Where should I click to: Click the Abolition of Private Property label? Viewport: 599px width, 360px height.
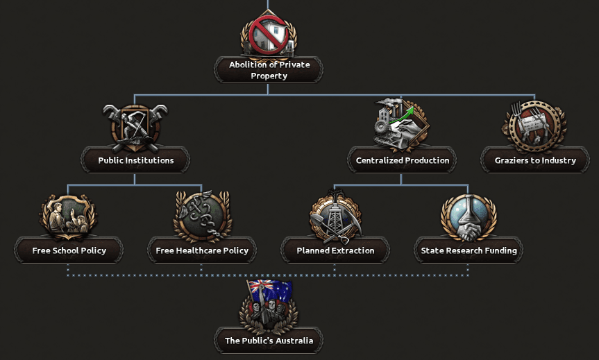pyautogui.click(x=269, y=70)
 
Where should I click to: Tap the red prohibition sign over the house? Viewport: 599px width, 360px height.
pyautogui.click(x=269, y=35)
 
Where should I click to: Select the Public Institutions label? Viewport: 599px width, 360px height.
pyautogui.click(x=135, y=160)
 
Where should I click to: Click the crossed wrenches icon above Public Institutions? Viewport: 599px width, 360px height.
pyautogui.click(x=135, y=128)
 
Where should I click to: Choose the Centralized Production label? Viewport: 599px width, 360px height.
pyautogui.click(x=403, y=160)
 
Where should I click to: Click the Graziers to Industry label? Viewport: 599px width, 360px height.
pyautogui.click(x=535, y=160)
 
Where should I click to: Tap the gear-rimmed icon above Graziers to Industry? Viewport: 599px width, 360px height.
pyautogui.click(x=535, y=126)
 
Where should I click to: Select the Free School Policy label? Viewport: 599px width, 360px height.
pyautogui.click(x=69, y=250)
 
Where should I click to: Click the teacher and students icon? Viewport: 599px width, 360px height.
pyautogui.click(x=69, y=216)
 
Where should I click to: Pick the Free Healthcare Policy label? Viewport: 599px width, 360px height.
pyautogui.click(x=202, y=250)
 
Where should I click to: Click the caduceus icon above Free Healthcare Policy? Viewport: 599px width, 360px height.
pyautogui.click(x=202, y=216)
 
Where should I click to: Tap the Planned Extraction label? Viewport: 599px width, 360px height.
pyautogui.click(x=335, y=250)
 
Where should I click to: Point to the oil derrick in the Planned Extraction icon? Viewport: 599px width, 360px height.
pyautogui.click(x=335, y=216)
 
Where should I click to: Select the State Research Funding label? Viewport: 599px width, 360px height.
pyautogui.click(x=469, y=250)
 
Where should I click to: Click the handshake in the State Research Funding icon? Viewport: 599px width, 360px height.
pyautogui.click(x=469, y=232)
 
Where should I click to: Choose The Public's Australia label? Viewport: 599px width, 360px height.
pyautogui.click(x=269, y=341)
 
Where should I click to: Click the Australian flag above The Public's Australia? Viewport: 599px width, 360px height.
pyautogui.click(x=270, y=291)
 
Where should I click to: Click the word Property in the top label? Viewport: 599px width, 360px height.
pyautogui.click(x=269, y=76)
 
